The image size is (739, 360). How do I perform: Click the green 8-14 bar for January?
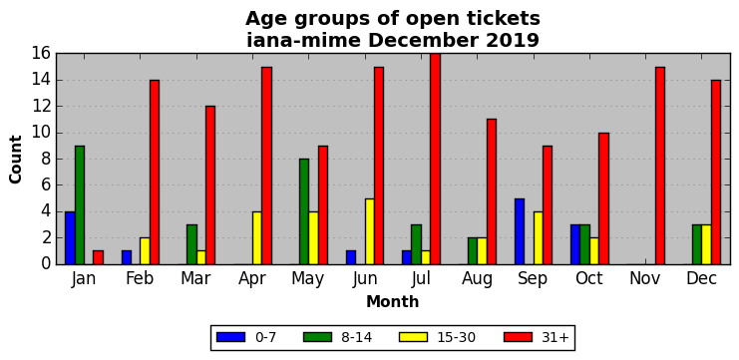[x=80, y=205]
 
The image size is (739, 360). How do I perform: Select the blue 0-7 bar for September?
[x=520, y=231]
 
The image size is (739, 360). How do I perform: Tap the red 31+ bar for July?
[x=435, y=159]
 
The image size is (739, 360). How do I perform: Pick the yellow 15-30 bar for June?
[x=369, y=231]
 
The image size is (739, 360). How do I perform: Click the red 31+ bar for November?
[x=660, y=166]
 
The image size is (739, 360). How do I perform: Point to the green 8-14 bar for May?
[x=304, y=211]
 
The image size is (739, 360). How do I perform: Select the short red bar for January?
[x=98, y=257]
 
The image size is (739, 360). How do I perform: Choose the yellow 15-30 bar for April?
[x=257, y=238]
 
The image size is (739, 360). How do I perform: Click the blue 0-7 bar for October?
[x=575, y=244]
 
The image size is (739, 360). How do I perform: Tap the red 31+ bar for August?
[x=491, y=191]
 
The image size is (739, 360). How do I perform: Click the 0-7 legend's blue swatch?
[x=231, y=337]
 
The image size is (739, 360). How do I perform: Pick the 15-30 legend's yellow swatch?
[x=414, y=337]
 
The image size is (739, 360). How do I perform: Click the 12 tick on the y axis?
[x=43, y=107]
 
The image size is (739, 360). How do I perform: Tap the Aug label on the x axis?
[x=477, y=279]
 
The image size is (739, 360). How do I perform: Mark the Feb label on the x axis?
[x=140, y=279]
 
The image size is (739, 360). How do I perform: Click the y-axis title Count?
[x=16, y=160]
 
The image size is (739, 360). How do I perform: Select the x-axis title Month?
[x=393, y=301]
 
